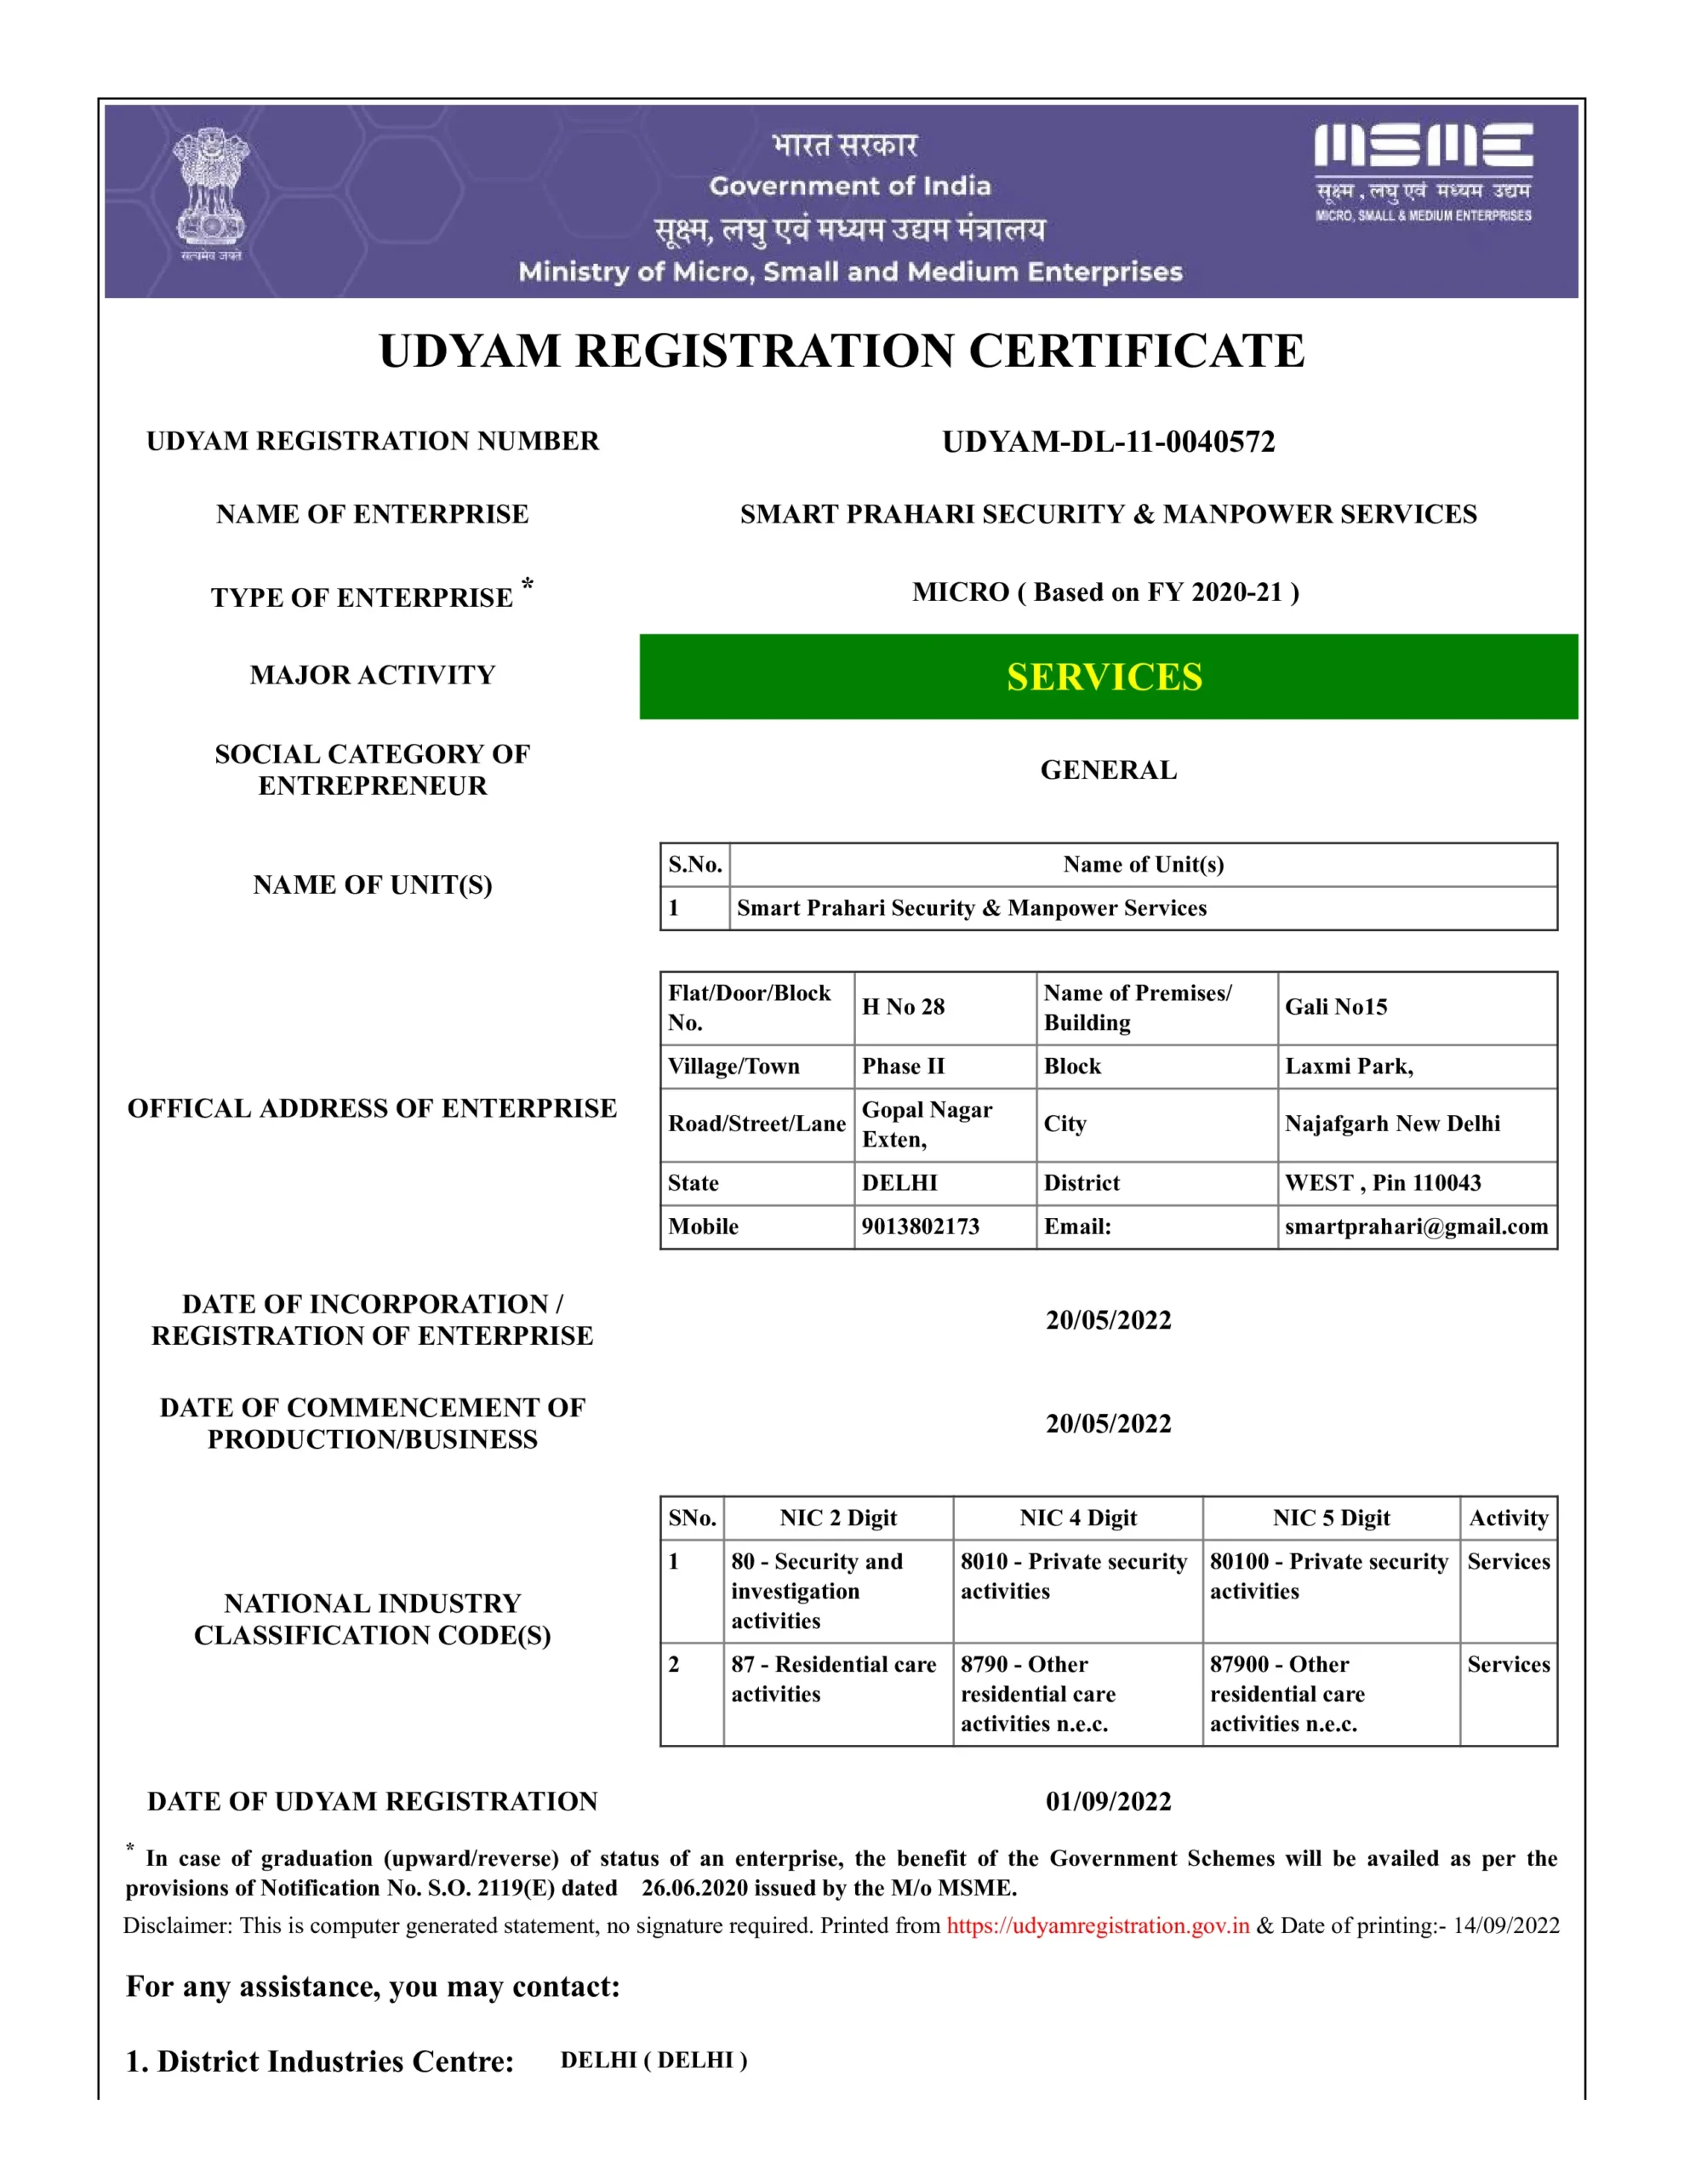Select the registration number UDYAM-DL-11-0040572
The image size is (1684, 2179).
[x=1109, y=442]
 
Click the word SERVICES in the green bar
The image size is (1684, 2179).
[x=1105, y=678]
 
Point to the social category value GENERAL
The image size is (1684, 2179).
[x=1109, y=770]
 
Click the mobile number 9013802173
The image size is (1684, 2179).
[x=920, y=1227]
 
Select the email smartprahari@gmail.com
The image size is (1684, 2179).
[x=1416, y=1227]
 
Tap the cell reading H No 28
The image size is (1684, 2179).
[x=903, y=1007]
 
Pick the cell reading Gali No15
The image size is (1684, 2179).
[x=1336, y=1007]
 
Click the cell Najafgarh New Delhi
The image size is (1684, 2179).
[x=1391, y=1124]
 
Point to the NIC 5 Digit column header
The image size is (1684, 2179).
[x=1331, y=1518]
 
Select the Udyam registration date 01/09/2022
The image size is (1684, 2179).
[x=1109, y=1801]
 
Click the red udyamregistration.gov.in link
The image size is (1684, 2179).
[x=1098, y=1925]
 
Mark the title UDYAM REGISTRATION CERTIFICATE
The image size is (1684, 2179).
[x=841, y=352]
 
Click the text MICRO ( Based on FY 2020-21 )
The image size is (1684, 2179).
[x=1105, y=592]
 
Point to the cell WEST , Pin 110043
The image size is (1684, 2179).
[x=1383, y=1182]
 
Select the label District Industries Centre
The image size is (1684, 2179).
[x=320, y=2062]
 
